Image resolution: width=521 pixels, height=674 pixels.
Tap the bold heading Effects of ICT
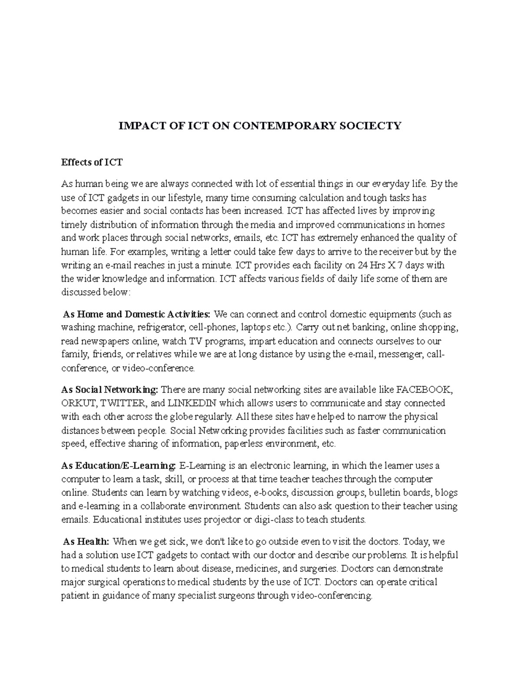pos(92,162)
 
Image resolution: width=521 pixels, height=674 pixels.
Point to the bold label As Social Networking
pos(110,389)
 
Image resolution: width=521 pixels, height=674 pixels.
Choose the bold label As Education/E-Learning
pos(119,466)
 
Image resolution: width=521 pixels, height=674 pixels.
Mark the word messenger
pos(401,354)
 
